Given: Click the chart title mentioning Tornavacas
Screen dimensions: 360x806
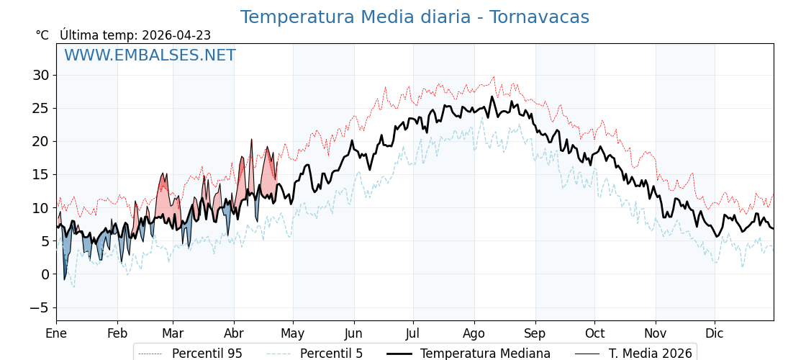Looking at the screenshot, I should pyautogui.click(x=415, y=17).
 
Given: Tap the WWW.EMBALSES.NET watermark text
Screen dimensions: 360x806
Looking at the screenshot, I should pyautogui.click(x=150, y=55).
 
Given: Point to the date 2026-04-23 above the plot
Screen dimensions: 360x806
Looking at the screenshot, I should pyautogui.click(x=176, y=35).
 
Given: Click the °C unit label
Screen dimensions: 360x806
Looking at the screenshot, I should pyautogui.click(x=42, y=35).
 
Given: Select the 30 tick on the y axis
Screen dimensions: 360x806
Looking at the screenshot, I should pyautogui.click(x=40, y=75).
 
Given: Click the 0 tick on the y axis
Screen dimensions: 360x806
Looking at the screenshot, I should pyautogui.click(x=45, y=274).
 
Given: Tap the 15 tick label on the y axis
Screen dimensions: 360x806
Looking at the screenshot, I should pyautogui.click(x=40, y=174).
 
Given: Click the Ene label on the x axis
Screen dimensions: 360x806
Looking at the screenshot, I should pyautogui.click(x=56, y=333).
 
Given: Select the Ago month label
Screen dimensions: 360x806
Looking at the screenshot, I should pyautogui.click(x=474, y=333).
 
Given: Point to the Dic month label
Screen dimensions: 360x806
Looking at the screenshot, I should pyautogui.click(x=715, y=333).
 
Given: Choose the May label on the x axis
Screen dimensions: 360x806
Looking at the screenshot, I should pyautogui.click(x=293, y=333).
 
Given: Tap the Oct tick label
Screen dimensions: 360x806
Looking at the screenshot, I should pyautogui.click(x=594, y=333).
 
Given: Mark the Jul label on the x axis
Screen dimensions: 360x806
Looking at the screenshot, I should pyautogui.click(x=413, y=333).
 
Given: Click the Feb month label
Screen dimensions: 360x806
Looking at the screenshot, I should pyautogui.click(x=117, y=333).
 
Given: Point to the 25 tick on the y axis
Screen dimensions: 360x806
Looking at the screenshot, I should pyautogui.click(x=40, y=108).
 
